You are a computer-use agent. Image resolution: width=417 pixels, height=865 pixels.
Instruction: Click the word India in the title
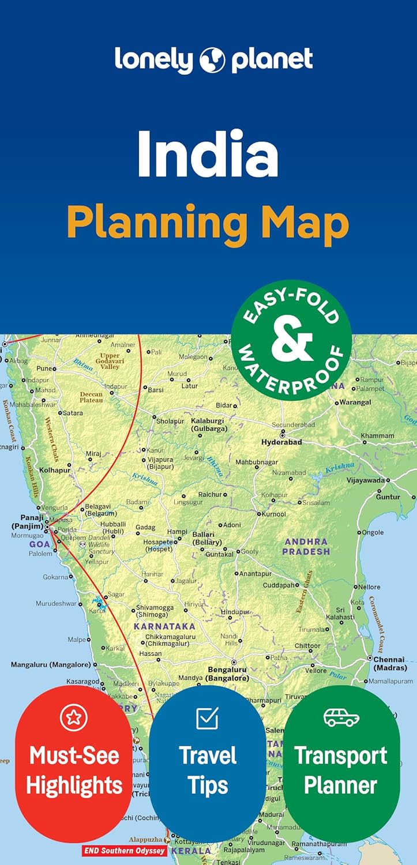[x=208, y=154]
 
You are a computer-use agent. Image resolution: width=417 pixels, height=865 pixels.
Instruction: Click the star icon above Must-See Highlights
[x=74, y=717]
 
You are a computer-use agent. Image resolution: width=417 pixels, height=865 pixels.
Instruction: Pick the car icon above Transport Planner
[x=341, y=717]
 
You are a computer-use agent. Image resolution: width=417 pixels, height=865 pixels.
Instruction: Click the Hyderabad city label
[x=281, y=442]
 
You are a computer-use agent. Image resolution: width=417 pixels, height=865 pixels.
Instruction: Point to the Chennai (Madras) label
[x=390, y=663]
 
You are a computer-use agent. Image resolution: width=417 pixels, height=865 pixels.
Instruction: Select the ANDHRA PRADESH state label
[x=306, y=546]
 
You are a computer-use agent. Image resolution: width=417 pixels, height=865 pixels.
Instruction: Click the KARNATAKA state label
[x=164, y=626]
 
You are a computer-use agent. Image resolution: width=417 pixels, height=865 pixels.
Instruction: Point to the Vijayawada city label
[x=365, y=480]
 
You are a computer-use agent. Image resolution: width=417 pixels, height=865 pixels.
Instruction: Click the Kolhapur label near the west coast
[x=55, y=470]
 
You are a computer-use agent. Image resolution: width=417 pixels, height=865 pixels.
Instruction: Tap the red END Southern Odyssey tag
[x=125, y=851]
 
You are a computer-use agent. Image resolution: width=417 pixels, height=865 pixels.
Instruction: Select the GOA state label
[x=40, y=544]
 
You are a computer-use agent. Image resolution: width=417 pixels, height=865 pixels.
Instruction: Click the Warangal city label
[x=355, y=402]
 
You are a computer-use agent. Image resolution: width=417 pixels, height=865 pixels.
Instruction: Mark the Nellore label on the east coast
[x=369, y=587]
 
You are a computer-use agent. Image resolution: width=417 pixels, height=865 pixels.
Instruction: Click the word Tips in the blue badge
[x=207, y=785]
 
